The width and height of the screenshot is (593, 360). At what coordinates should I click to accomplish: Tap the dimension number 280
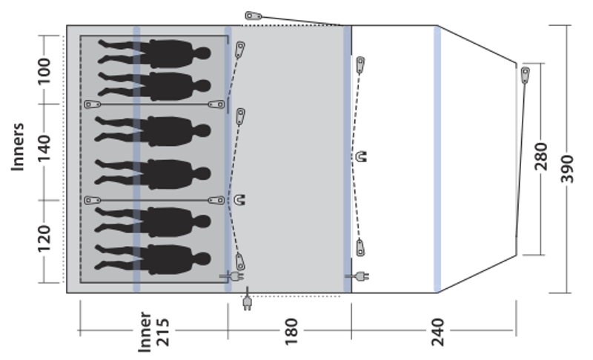click(540, 157)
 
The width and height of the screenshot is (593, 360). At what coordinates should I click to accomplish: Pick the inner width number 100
click(44, 71)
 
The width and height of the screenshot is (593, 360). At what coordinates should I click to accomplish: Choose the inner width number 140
click(44, 151)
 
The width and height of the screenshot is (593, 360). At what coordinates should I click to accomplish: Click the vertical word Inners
click(19, 147)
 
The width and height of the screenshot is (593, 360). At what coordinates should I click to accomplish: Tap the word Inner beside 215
click(145, 330)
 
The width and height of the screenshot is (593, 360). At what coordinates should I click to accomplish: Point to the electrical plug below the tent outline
click(247, 301)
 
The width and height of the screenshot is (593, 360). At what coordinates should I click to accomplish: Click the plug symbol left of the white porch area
click(358, 277)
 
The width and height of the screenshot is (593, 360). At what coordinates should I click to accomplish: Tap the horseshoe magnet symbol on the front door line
click(362, 156)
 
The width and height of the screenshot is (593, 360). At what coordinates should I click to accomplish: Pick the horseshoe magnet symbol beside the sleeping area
click(239, 199)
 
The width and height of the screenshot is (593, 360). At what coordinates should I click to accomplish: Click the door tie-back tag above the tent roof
click(254, 16)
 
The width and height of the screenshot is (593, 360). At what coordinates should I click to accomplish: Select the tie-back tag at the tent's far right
click(525, 74)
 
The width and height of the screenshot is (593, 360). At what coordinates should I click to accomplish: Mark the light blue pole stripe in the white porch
click(437, 159)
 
